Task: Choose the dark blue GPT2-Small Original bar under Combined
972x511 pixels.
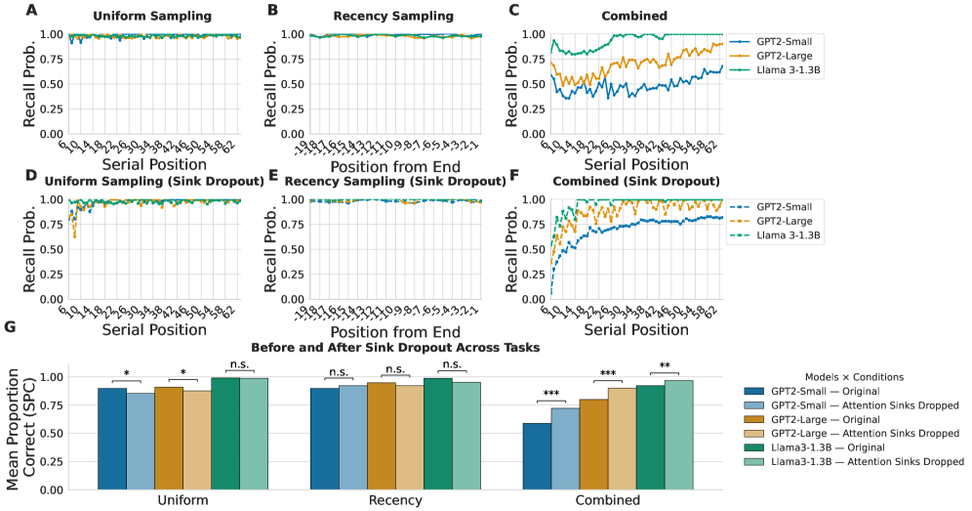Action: point(537,456)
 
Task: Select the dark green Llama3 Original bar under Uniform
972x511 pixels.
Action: point(224,433)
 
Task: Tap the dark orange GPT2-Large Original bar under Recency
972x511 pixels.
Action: point(381,436)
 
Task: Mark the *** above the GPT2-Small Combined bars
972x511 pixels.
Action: point(551,395)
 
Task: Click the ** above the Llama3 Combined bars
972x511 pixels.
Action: point(665,367)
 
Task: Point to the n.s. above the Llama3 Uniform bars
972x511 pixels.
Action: point(239,365)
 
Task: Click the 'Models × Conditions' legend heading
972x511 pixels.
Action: point(851,376)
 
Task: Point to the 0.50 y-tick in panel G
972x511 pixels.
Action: point(82,433)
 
